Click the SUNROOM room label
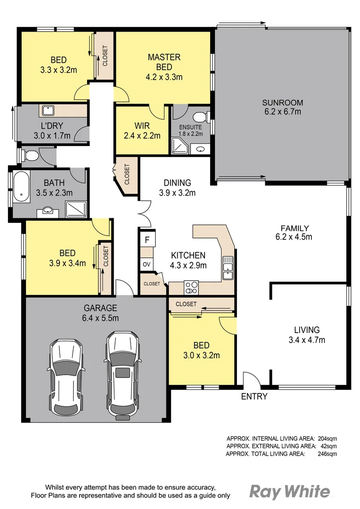(282, 103)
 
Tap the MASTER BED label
(164, 57)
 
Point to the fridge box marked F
(147, 240)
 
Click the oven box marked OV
(147, 264)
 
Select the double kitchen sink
(228, 267)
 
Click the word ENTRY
(254, 396)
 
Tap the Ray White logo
(289, 492)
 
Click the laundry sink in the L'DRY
(48, 111)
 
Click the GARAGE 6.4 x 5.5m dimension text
(101, 318)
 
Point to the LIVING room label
(307, 330)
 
